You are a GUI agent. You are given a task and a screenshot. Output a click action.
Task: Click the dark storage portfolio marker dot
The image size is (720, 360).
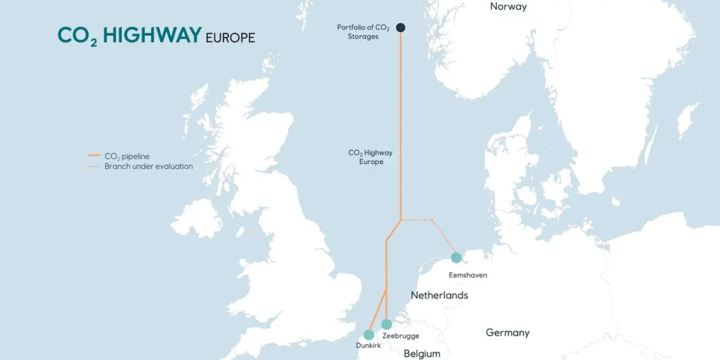pos(400,27)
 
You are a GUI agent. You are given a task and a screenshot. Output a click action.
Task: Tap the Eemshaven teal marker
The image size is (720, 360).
pos(456,257)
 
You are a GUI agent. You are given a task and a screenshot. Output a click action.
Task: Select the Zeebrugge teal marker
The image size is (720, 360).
pos(386,325)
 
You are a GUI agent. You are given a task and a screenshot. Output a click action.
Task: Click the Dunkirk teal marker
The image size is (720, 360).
pos(368,335)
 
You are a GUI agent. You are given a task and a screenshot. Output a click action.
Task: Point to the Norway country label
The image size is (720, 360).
pos(508,7)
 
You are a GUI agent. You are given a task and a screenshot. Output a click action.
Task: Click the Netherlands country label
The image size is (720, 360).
pos(439,295)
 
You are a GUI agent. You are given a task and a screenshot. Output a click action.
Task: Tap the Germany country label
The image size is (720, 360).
pos(508,332)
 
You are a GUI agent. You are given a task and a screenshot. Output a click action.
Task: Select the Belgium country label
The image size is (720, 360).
pos(422,353)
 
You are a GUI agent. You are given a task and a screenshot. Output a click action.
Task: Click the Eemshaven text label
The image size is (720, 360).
pos(468,275)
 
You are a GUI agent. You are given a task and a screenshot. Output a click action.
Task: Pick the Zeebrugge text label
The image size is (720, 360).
pos(401,336)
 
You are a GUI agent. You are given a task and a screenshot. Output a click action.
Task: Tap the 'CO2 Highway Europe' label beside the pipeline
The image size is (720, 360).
pos(370,157)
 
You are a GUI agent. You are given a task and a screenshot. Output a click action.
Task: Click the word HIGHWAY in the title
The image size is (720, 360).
pos(152,35)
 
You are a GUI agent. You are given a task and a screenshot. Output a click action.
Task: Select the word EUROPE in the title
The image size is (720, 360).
pos(230,38)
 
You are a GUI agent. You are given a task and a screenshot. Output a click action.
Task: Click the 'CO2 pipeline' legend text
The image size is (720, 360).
pos(127,156)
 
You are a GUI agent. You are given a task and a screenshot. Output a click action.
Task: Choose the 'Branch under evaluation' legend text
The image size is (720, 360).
pos(149,166)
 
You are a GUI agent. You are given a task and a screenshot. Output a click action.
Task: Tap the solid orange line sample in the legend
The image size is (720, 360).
pos(93,156)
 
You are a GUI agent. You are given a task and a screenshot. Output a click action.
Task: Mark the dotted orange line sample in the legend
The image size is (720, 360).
pos(93,166)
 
